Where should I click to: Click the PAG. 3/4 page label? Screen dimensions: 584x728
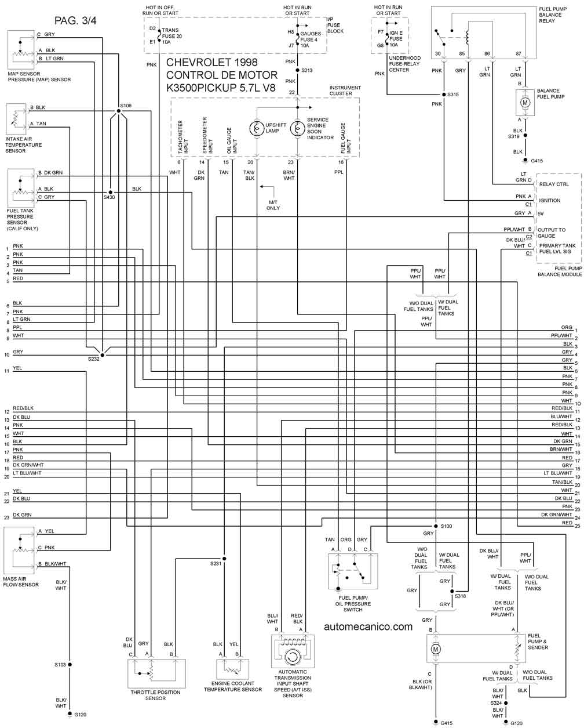(75, 21)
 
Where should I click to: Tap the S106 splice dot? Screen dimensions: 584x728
(119, 111)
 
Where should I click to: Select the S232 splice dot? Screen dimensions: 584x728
(103, 355)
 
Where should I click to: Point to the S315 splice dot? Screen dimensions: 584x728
(444, 95)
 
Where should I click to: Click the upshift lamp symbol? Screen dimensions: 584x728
(257, 129)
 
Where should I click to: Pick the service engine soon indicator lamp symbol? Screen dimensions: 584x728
(297, 129)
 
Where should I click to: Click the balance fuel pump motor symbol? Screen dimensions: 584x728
(525, 103)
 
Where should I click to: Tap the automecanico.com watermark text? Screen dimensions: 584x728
(368, 626)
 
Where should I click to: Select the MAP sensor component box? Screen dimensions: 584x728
(21, 50)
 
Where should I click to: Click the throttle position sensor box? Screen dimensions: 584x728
(156, 673)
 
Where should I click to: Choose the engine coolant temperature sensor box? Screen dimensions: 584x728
(232, 669)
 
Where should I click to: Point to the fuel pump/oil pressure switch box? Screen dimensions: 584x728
(353, 571)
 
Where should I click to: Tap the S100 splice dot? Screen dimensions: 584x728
(436, 526)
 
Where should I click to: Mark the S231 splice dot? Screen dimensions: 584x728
(224, 559)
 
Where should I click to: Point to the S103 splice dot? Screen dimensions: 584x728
(70, 664)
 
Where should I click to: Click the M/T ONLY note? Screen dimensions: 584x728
(273, 205)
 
